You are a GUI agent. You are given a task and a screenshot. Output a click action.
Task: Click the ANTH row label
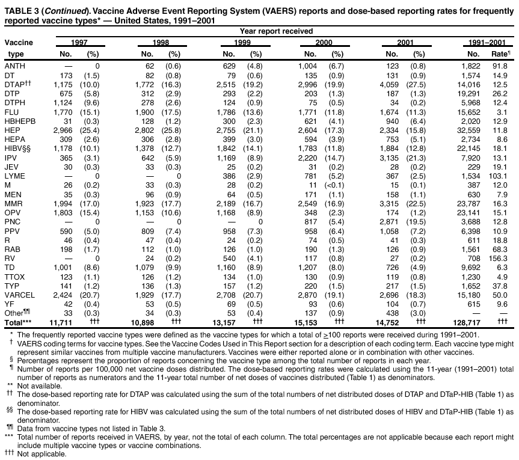click(x=15, y=65)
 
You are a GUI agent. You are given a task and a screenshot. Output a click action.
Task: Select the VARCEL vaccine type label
click(x=19, y=295)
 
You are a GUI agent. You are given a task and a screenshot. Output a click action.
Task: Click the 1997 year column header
click(x=79, y=43)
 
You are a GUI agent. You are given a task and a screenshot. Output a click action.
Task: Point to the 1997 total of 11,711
click(x=60, y=322)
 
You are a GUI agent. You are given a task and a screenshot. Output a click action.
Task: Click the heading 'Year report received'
click(x=276, y=31)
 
